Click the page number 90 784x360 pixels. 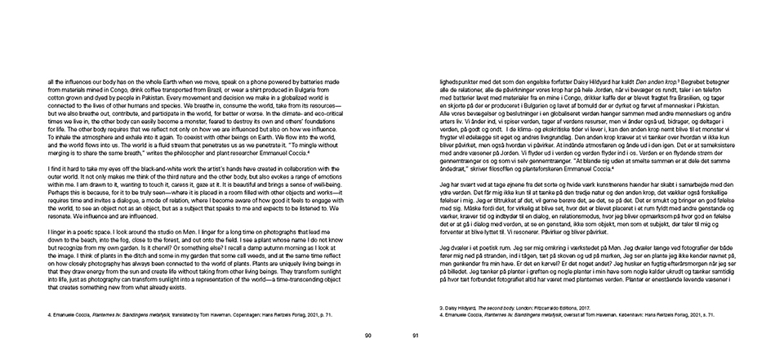[367, 335]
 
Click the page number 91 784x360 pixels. [416, 335]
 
